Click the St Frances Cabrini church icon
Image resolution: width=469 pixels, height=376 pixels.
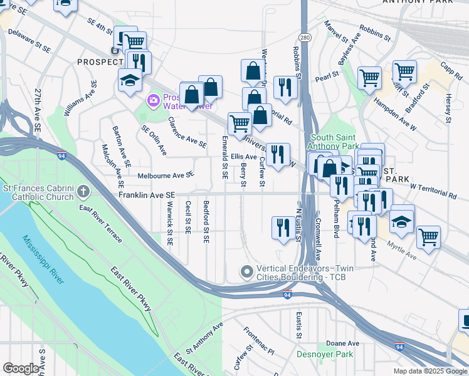pos(83,190)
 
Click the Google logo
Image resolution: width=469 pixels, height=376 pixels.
pos(21,368)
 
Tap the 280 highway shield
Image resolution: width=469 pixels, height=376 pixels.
pos(303,38)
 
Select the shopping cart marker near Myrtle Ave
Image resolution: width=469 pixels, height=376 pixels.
pos(428,236)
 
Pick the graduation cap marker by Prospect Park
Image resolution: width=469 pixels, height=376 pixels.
pos(130,80)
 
